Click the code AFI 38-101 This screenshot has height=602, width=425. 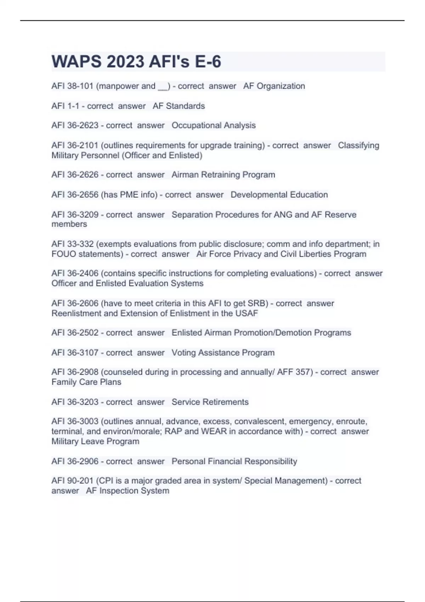pyautogui.click(x=72, y=86)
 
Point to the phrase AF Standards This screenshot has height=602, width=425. pyautogui.click(x=179, y=106)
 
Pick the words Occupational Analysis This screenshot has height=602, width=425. pyautogui.click(x=214, y=125)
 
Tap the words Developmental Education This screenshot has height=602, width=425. pyautogui.click(x=279, y=194)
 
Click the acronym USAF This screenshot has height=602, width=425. pyautogui.click(x=247, y=313)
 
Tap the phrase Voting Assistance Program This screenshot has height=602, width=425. pyautogui.click(x=223, y=353)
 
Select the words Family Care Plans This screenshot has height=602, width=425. pyautogui.click(x=86, y=382)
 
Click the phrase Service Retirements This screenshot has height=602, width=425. pyautogui.click(x=210, y=402)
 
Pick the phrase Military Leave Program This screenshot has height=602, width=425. pyautogui.click(x=95, y=441)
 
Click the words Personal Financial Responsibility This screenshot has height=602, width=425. pyautogui.click(x=234, y=461)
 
